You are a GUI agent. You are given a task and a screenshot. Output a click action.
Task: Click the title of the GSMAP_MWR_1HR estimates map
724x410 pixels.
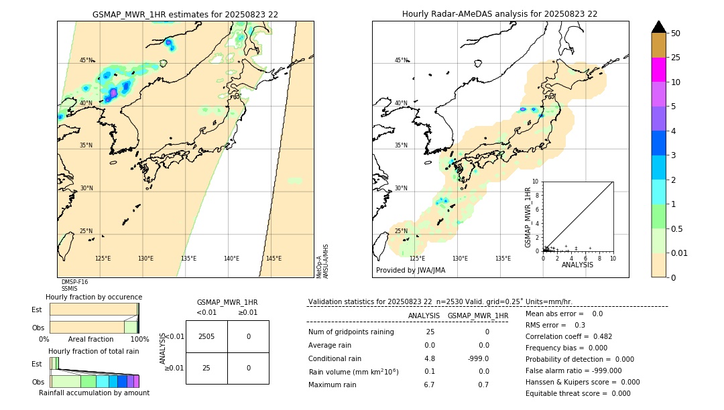coord(185,14)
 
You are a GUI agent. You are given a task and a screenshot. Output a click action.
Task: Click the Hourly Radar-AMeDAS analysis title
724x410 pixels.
coord(499,14)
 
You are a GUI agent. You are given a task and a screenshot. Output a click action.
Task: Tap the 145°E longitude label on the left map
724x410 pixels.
coord(274,259)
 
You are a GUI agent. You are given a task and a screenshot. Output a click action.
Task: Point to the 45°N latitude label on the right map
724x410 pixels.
coord(401,60)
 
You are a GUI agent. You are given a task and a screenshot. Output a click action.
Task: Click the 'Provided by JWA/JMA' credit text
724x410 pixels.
coord(410,271)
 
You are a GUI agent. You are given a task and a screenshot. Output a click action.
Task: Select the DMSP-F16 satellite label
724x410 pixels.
coord(74,282)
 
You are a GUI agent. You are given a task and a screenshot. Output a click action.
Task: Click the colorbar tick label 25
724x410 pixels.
coord(676,58)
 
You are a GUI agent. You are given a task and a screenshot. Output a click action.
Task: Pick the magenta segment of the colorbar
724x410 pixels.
coord(658,70)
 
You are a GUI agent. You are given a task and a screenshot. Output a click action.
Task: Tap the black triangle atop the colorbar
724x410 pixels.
coord(658,27)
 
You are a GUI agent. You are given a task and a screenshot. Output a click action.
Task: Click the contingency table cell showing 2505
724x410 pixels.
coord(206,336)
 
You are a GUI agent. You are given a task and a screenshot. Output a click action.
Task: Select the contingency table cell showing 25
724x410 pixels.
coord(206,368)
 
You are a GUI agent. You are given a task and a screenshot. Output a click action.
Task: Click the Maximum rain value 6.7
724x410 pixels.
coord(429,385)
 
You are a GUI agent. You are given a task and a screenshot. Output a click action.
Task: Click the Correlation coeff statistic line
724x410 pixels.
coord(568,336)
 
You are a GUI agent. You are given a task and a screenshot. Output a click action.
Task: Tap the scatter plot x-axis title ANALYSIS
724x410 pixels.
coord(577,265)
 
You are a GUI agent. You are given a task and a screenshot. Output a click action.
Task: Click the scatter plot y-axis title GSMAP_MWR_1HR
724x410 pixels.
coord(528,218)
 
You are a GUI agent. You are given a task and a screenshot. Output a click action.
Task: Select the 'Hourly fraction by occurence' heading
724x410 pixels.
coord(94,297)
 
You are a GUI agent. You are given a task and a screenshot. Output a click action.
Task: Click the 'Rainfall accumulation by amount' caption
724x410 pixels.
coord(94,393)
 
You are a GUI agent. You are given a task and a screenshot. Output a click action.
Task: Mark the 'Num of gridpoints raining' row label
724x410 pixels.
coord(351,332)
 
